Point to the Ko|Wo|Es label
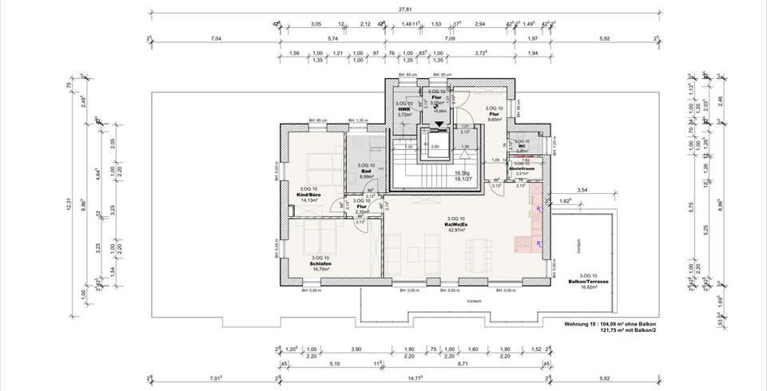pos(456,224)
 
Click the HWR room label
pos(404,109)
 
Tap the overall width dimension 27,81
pos(406,10)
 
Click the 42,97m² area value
pos(456,231)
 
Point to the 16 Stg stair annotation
pos(462,173)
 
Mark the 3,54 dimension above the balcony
pos(582,191)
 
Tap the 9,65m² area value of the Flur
pos(495,118)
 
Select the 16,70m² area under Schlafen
pos(321,270)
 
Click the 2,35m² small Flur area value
pos(362,211)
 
